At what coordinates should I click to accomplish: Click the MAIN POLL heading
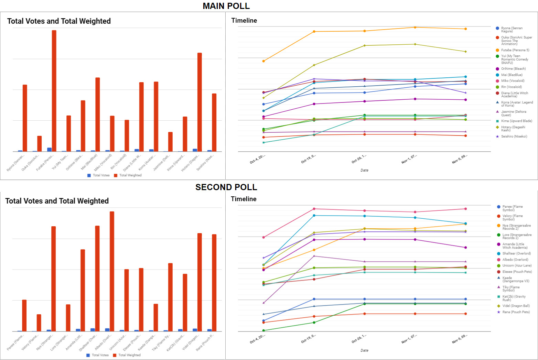click(x=226, y=6)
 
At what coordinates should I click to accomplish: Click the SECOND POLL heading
click(x=226, y=187)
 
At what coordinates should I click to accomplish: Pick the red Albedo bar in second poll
click(x=112, y=271)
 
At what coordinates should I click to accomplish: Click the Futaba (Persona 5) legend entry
click(x=515, y=50)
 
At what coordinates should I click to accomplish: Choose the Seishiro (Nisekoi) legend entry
click(x=514, y=137)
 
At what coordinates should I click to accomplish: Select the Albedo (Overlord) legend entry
click(x=515, y=260)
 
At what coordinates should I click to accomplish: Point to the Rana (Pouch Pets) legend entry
click(x=516, y=312)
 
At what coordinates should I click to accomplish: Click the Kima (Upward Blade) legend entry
click(x=516, y=121)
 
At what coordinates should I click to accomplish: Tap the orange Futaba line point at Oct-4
click(x=263, y=61)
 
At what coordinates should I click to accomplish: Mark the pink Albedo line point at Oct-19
click(x=314, y=209)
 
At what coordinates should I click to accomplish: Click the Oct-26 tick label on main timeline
click(x=359, y=159)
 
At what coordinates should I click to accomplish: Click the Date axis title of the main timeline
click(x=364, y=170)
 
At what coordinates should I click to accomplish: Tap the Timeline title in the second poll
click(x=244, y=199)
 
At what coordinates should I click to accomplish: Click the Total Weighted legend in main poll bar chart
click(x=130, y=175)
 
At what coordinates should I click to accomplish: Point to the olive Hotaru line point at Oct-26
click(x=365, y=45)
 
